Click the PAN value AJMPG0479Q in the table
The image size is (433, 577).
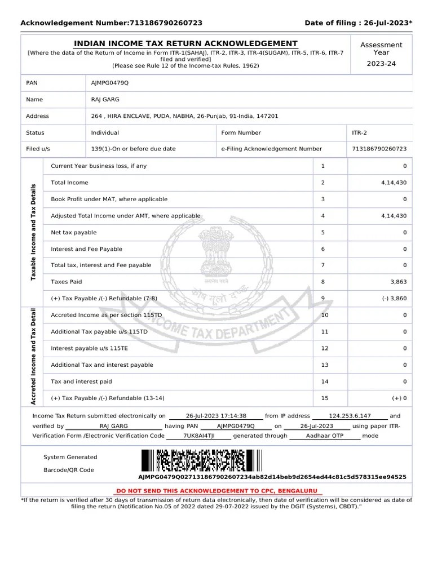click(x=110, y=83)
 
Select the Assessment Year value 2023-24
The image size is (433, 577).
click(x=381, y=64)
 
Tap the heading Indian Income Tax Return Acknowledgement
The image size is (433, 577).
click(x=186, y=43)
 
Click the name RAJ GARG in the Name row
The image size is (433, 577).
click(x=103, y=100)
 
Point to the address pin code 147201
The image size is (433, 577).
click(x=267, y=116)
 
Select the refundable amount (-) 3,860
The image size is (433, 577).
click(x=393, y=298)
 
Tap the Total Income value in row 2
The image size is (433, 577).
click(x=394, y=183)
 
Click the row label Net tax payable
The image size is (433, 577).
click(x=74, y=232)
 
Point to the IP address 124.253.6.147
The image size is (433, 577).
click(x=350, y=416)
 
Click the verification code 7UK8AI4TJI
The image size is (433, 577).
click(x=199, y=436)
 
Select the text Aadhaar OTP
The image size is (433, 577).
click(x=324, y=436)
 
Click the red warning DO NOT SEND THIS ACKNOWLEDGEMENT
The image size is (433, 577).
click(x=216, y=491)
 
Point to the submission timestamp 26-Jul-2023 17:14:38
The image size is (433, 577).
click(x=216, y=416)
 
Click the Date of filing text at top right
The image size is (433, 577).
click(x=358, y=23)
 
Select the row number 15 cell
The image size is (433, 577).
click(x=325, y=398)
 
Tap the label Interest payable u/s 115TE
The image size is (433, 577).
click(x=89, y=348)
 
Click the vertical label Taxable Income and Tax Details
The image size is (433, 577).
click(x=33, y=232)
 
